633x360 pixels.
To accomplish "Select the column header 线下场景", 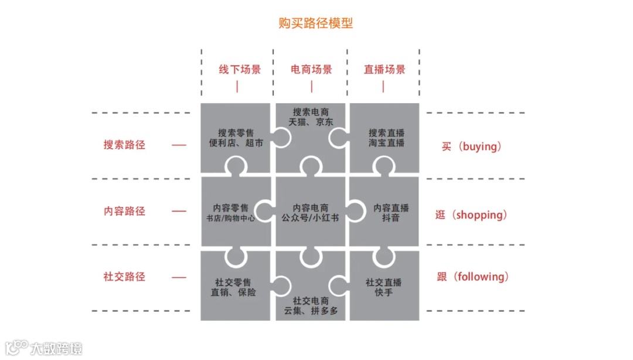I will coord(240,69).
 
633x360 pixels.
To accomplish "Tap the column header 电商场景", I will coord(311,69).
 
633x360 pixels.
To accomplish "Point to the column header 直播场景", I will coord(384,69).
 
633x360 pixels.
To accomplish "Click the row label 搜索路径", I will coord(124,144).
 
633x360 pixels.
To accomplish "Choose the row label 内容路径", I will coord(124,211).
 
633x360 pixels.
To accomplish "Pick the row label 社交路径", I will coord(124,277).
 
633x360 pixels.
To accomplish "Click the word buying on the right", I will coord(479,147).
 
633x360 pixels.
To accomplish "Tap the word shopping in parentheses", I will coord(479,215).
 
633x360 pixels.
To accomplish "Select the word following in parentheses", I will coord(481,277).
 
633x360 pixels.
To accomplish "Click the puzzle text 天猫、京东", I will coord(311,123).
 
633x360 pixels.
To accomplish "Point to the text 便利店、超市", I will coord(236,143).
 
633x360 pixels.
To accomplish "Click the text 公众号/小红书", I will coord(311,219).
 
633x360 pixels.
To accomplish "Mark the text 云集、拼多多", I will coord(311,311).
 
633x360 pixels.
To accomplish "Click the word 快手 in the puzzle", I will coord(384,293).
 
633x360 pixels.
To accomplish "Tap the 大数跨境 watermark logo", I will coord(44,348).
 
